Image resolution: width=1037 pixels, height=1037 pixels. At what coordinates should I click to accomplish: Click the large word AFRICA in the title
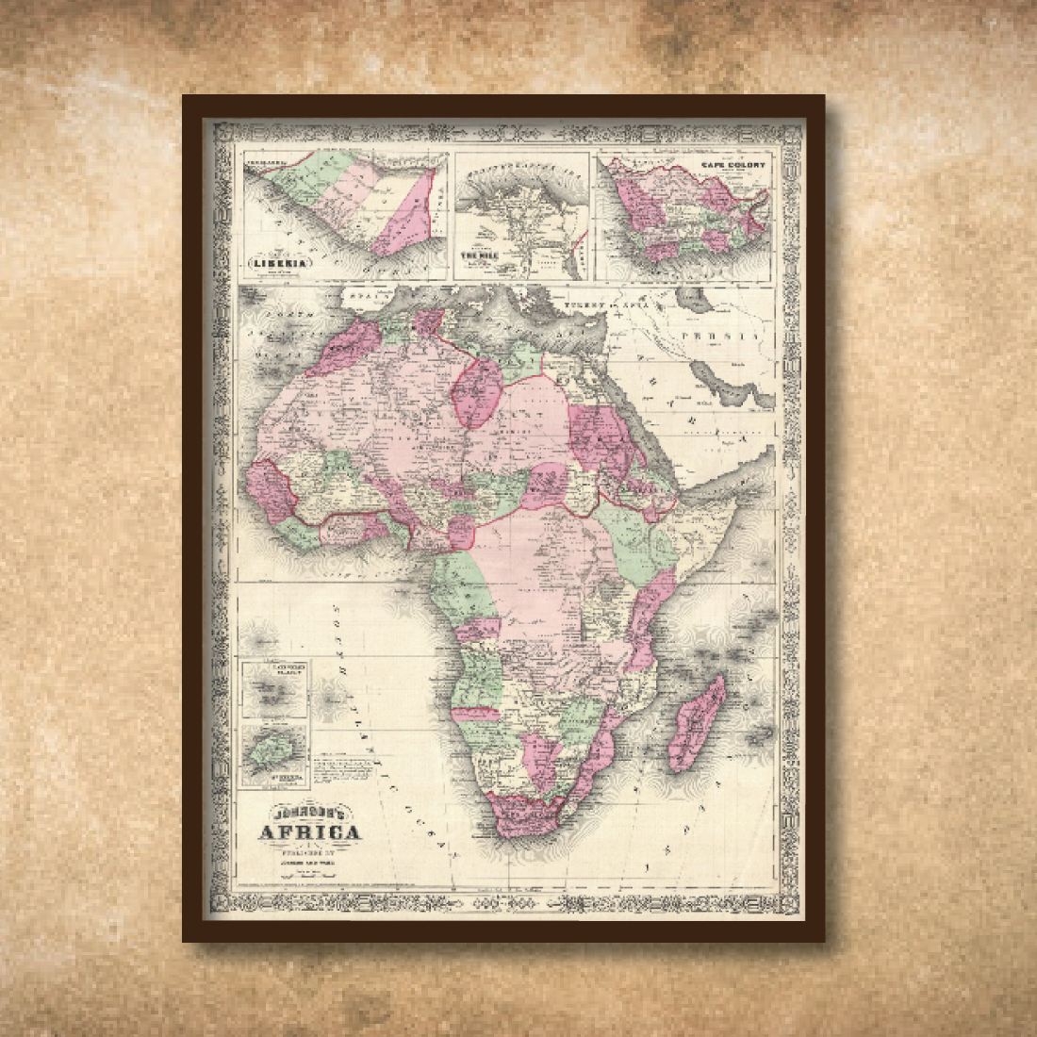coord(310,832)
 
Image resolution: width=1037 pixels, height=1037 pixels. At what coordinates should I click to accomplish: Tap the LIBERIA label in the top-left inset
coord(278,263)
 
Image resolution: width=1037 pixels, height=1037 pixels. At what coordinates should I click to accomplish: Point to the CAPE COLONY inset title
coord(732,165)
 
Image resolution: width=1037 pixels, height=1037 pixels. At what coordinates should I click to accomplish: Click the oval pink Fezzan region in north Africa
coord(479,392)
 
